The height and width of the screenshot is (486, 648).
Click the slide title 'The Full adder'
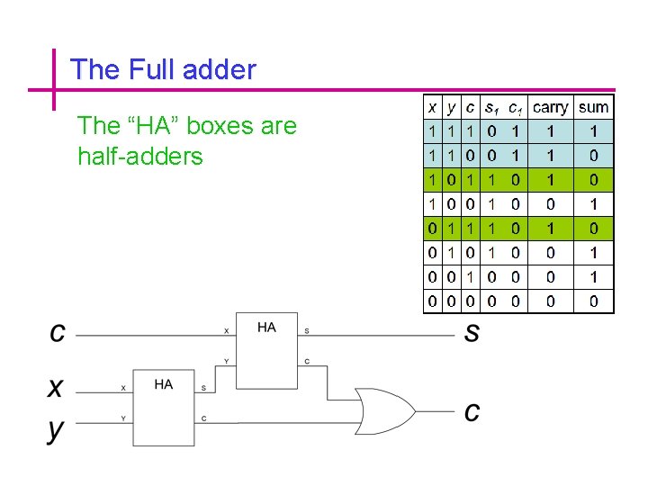click(x=163, y=69)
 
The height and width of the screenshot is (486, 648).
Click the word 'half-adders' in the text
click(x=140, y=157)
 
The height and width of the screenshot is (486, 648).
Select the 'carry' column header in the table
click(x=550, y=108)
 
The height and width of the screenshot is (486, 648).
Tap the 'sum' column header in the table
click(x=593, y=108)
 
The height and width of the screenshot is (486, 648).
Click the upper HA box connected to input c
click(x=266, y=351)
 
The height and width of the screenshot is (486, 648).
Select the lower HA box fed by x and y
click(x=163, y=407)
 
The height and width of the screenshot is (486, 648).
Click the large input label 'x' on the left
click(x=57, y=388)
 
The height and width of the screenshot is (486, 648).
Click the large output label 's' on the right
click(x=472, y=333)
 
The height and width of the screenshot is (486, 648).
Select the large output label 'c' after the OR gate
click(x=472, y=412)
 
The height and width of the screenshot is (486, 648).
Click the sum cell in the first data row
click(x=593, y=131)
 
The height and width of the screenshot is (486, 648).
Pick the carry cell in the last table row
click(x=550, y=301)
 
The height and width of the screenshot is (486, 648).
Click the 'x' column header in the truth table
click(x=433, y=108)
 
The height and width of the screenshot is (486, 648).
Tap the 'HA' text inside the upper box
click(x=266, y=328)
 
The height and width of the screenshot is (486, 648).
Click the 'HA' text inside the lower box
click(x=163, y=384)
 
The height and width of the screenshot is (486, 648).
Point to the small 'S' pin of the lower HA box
click(x=203, y=389)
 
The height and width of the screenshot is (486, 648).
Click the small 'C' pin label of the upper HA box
click(x=308, y=362)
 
